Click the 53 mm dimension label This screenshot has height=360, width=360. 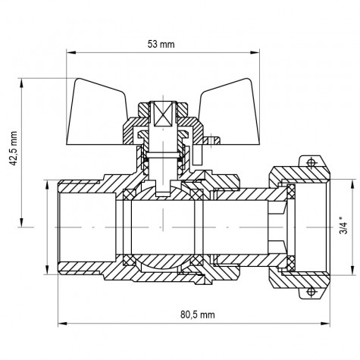tap(161, 45)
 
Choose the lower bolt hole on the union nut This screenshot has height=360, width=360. tap(309, 290)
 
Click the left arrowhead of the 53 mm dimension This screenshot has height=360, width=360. tap(70, 52)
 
